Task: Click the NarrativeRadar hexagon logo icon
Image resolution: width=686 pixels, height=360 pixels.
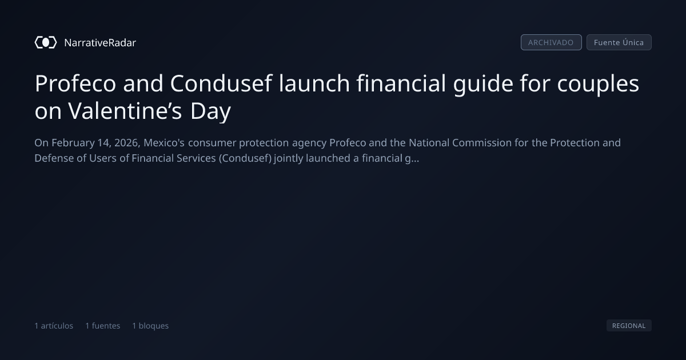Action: pyautogui.click(x=46, y=42)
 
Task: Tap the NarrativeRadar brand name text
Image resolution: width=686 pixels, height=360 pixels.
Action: pyautogui.click(x=100, y=43)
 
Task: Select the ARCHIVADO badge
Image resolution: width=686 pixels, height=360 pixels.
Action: pyautogui.click(x=551, y=42)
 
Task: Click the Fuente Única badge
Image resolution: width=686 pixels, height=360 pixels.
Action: pyautogui.click(x=619, y=42)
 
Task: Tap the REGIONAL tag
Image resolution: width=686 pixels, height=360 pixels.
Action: pyautogui.click(x=629, y=325)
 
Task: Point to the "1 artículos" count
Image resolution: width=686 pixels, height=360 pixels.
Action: pyautogui.click(x=54, y=326)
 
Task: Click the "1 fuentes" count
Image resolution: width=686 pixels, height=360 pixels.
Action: pyautogui.click(x=102, y=326)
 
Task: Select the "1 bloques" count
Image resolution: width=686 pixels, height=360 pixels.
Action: pyautogui.click(x=150, y=326)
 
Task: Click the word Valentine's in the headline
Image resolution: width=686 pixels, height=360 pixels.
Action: pyautogui.click(x=125, y=111)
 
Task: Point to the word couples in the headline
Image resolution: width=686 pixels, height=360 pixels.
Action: pyautogui.click(x=598, y=84)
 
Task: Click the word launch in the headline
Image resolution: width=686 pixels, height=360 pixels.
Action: pyautogui.click(x=314, y=83)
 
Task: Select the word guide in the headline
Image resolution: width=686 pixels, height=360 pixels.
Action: pyautogui.click(x=483, y=84)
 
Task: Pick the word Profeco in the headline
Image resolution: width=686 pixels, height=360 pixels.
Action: pyautogui.click(x=75, y=83)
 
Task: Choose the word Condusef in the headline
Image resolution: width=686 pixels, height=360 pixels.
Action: pyautogui.click(x=221, y=83)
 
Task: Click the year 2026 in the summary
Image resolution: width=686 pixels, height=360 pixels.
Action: pyautogui.click(x=127, y=143)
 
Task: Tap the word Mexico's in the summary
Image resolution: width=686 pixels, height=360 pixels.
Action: pyautogui.click(x=164, y=143)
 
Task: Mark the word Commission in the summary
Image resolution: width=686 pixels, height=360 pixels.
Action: pyautogui.click(x=482, y=143)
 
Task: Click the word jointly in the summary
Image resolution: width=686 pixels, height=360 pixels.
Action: pyautogui.click(x=289, y=159)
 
